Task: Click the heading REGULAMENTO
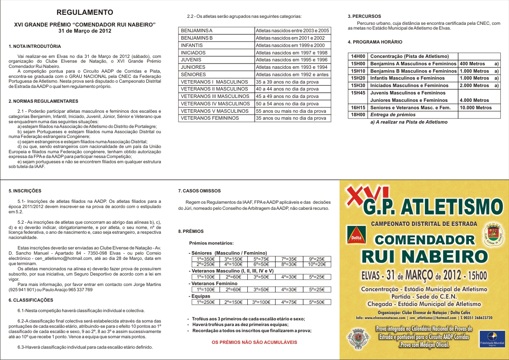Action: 85,12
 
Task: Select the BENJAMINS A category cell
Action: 216,30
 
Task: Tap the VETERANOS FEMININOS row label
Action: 216,118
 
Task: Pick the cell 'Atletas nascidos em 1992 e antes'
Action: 292,74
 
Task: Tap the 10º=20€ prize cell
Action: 316,264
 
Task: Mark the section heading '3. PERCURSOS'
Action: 364,16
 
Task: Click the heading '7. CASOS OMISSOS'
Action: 199,191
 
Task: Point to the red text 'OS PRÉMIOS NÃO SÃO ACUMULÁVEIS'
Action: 254,342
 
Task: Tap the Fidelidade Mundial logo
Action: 492,338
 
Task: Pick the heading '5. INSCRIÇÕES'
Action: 25,191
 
